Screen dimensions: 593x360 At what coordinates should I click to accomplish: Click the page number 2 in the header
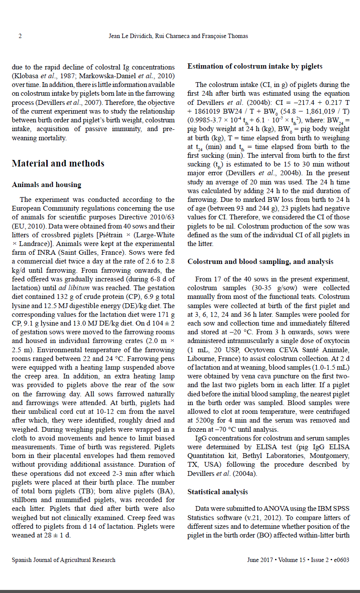coord(20,36)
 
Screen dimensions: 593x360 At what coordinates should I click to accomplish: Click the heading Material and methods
coord(58,163)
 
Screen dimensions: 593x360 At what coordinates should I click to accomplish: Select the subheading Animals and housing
coord(46,184)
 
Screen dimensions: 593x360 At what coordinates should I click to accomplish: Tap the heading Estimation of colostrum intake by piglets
coord(255,66)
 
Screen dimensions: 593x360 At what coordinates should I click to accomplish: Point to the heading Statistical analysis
coord(218,492)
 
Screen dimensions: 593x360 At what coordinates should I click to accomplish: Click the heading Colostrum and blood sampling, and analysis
coord(260,261)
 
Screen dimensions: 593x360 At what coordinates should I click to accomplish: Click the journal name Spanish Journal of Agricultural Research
coord(64,560)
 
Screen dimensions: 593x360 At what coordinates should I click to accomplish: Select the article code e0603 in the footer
coord(341,560)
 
